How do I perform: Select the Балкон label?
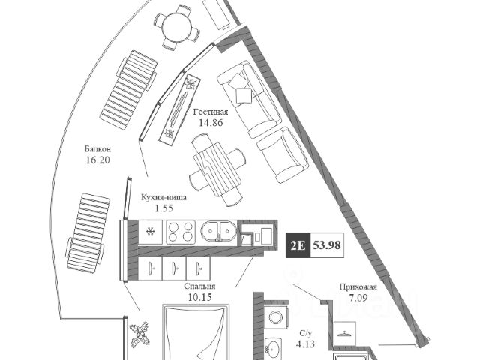pos(98,148)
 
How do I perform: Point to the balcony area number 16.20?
pos(98,160)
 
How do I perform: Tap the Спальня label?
pos(199,286)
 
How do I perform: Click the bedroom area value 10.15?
pos(199,297)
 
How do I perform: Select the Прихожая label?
pos(358,286)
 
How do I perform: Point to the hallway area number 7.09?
pos(358,297)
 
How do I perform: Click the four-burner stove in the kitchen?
pos(180,231)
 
